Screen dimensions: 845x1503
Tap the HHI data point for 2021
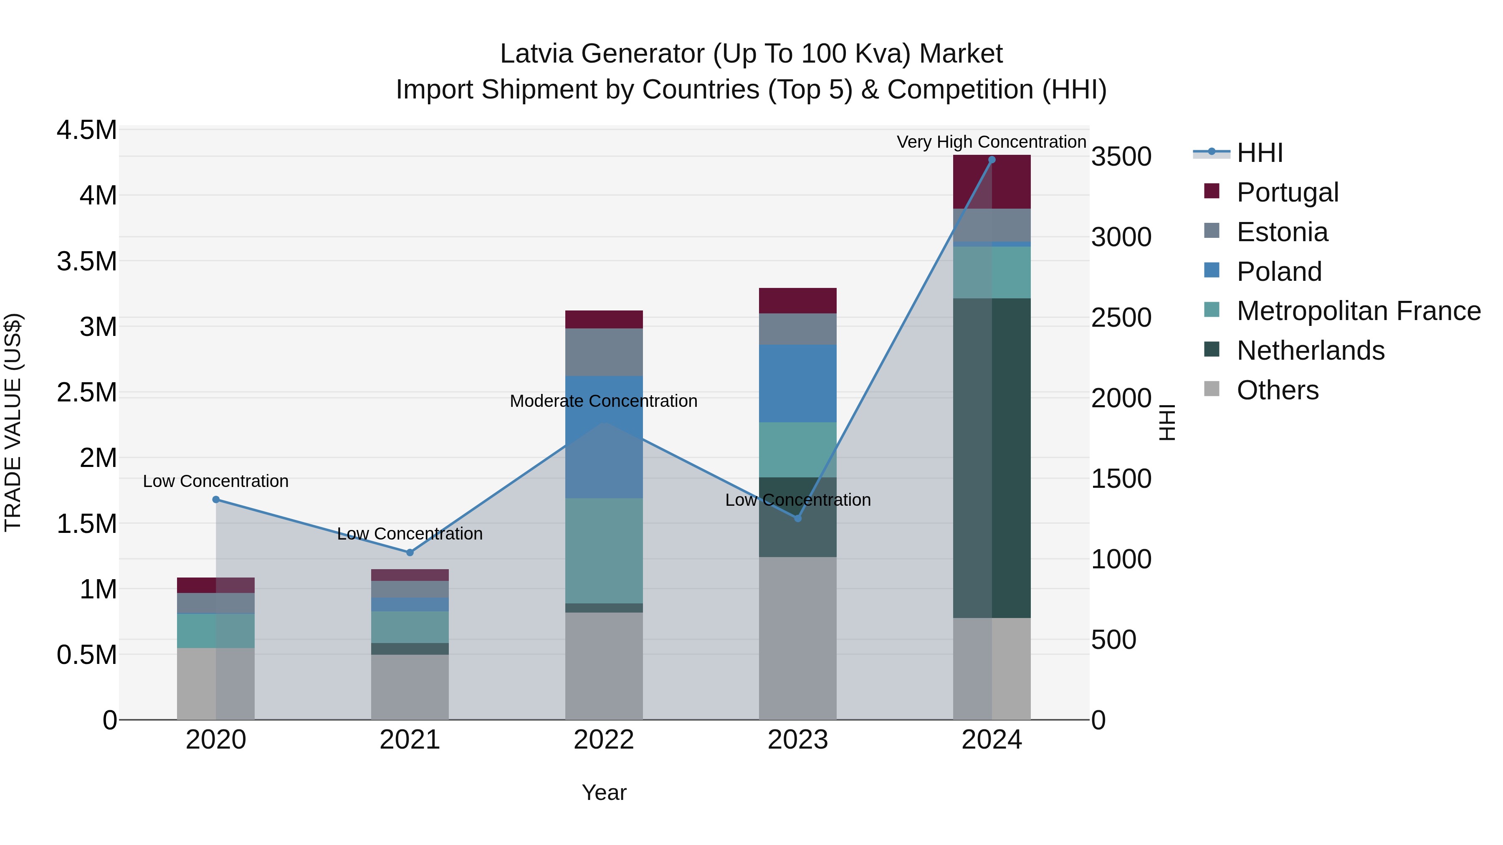point(410,552)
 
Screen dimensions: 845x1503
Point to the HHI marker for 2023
point(797,518)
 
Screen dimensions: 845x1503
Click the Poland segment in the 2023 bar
point(797,383)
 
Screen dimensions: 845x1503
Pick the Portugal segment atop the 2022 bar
point(604,320)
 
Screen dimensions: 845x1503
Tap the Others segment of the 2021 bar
point(410,687)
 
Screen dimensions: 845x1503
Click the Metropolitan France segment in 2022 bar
point(604,550)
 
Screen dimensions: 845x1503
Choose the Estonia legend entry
point(1282,232)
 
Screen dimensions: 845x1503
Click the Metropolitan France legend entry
point(1358,311)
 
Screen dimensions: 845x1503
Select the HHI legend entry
point(1259,153)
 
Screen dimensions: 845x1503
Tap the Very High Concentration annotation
point(991,142)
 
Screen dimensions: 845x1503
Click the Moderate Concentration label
point(603,401)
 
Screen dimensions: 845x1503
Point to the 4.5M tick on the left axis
point(87,130)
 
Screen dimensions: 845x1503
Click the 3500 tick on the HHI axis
point(1121,157)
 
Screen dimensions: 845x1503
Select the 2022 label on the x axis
point(604,740)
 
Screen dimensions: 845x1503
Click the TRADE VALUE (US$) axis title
point(13,422)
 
